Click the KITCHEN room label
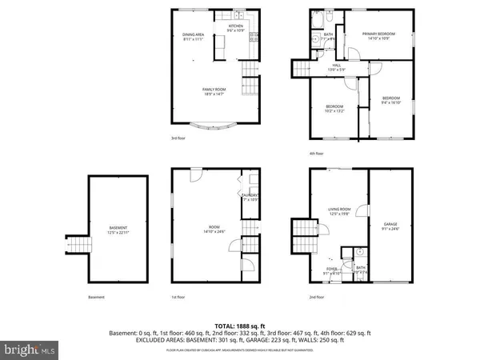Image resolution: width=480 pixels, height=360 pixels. tap(236, 28)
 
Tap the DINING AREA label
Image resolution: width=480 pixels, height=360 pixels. tap(194, 36)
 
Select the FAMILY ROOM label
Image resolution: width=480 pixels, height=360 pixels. tap(212, 91)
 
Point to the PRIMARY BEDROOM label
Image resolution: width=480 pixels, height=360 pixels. tap(380, 36)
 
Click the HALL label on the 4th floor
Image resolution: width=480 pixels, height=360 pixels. tap(337, 68)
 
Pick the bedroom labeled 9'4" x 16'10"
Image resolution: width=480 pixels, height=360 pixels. tap(390, 100)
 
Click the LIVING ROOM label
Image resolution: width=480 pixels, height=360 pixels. tap(340, 211)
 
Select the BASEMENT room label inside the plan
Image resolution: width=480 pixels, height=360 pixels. tap(118, 230)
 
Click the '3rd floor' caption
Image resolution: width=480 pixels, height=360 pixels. tap(178, 138)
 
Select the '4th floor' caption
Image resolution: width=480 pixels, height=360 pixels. tap(317, 154)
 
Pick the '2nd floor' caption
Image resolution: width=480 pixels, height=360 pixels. tap(317, 297)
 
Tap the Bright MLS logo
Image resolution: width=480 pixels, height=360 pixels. tap(30, 349)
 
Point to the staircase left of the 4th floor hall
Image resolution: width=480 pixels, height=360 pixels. tap(303, 70)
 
